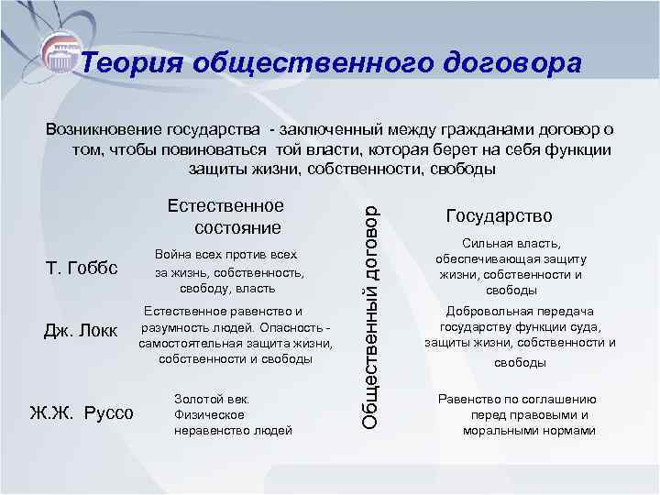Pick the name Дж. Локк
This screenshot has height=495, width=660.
coord(81,330)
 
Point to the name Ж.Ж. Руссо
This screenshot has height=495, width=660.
coord(82,413)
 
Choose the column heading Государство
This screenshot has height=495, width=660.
coord(499,216)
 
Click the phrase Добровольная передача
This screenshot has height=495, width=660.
coord(520,312)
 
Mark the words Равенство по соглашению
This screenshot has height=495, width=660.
coord(517,399)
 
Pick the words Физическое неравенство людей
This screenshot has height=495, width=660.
coord(233,421)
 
